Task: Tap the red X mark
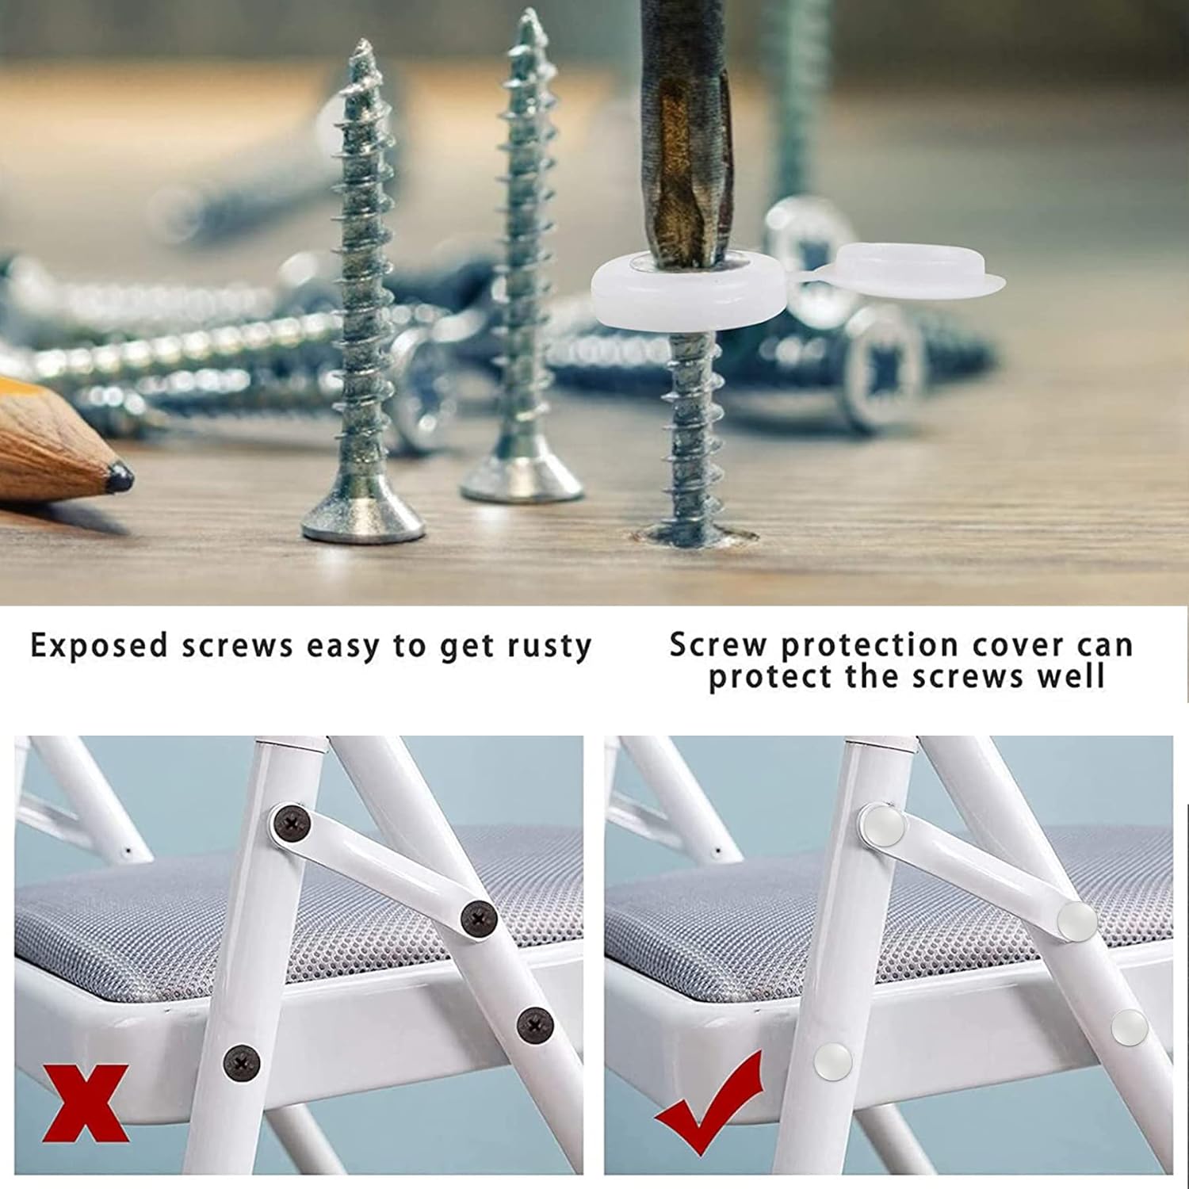tap(86, 1103)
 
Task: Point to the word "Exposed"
tap(99, 647)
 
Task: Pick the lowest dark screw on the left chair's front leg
tap(241, 1062)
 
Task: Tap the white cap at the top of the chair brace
tap(884, 825)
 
